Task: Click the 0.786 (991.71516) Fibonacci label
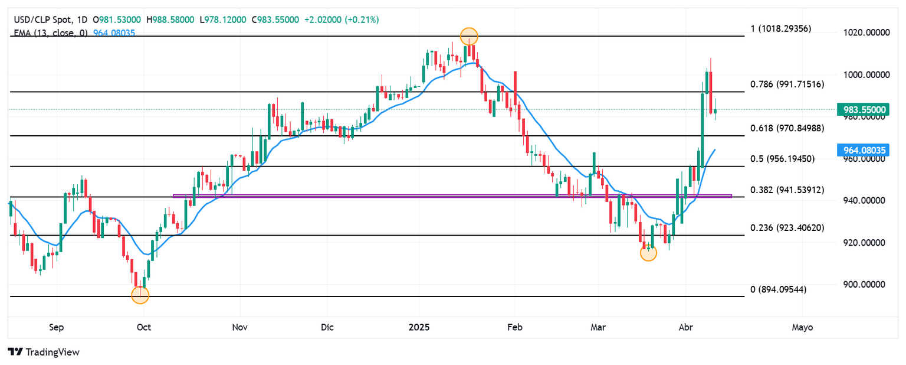click(x=787, y=84)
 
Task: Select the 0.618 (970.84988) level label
click(x=787, y=128)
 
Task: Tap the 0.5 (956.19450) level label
click(x=782, y=159)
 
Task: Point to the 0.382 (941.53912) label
click(x=787, y=190)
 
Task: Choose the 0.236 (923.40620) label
click(x=787, y=227)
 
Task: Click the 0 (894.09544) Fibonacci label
click(x=777, y=289)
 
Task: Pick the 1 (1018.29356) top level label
click(x=780, y=28)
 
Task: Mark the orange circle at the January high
click(x=468, y=36)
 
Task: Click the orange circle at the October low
click(x=140, y=295)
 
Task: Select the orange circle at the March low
click(x=648, y=253)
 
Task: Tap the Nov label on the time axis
click(x=239, y=327)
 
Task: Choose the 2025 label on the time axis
click(x=419, y=327)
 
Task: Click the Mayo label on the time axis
click(x=802, y=327)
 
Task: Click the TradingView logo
click(x=44, y=352)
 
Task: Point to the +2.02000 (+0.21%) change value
click(x=342, y=19)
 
